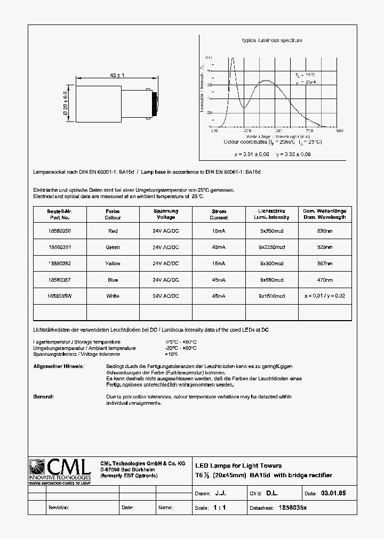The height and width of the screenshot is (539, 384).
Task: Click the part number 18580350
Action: coord(59,231)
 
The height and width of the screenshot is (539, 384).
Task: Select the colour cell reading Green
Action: coord(113,247)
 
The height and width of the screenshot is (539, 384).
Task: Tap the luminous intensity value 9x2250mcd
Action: coord(272,247)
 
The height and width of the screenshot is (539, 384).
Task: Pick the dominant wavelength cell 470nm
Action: coord(325,280)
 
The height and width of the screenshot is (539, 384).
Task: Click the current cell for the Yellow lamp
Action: coord(219,263)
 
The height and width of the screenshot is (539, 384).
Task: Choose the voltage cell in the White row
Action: coord(165,296)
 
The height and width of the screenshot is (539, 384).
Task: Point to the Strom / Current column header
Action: coord(219,214)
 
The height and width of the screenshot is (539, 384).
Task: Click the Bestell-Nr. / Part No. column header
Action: coord(59,214)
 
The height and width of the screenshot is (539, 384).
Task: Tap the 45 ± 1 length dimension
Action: coord(117,76)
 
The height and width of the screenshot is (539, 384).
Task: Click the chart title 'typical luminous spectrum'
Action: coord(272,40)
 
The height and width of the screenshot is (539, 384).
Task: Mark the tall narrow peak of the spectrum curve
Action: coord(232,60)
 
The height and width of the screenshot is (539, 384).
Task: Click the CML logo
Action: coord(59,469)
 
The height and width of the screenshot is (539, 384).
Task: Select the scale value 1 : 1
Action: coord(219,508)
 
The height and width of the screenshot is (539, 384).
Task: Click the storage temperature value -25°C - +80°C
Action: coord(181,342)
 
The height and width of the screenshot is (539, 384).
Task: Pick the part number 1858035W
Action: coord(59,296)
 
